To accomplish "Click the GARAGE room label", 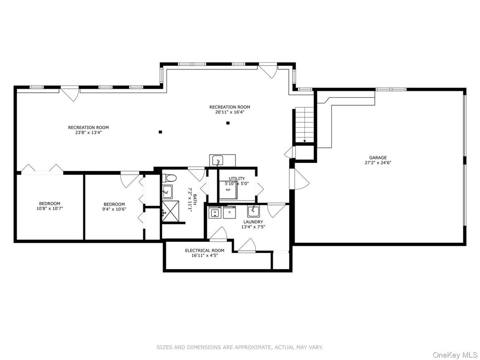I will (x=377, y=158).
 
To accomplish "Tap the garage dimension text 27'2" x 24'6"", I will (x=377, y=163).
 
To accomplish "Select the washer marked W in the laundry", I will (x=215, y=212).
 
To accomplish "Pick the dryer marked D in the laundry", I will (x=229, y=212).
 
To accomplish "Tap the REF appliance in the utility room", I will (x=228, y=190).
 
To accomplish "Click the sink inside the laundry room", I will (x=253, y=210).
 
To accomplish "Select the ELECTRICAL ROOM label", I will (x=205, y=250).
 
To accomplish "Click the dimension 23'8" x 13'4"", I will (x=88, y=133).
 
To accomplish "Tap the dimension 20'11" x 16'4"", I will (x=230, y=112).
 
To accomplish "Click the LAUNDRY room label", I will (x=253, y=222).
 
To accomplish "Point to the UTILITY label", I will (x=236, y=179).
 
